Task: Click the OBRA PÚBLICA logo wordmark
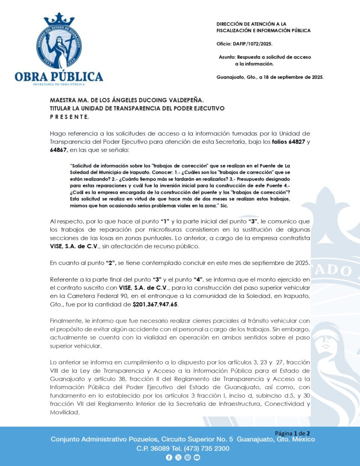tap(59, 76)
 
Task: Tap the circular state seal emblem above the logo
tap(59, 46)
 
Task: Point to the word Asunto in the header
tap(227, 57)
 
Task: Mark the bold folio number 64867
tap(59, 150)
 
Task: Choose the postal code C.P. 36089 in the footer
tap(153, 448)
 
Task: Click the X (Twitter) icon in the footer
tap(178, 458)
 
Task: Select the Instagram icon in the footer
tap(188, 458)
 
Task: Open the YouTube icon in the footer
tap(197, 458)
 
